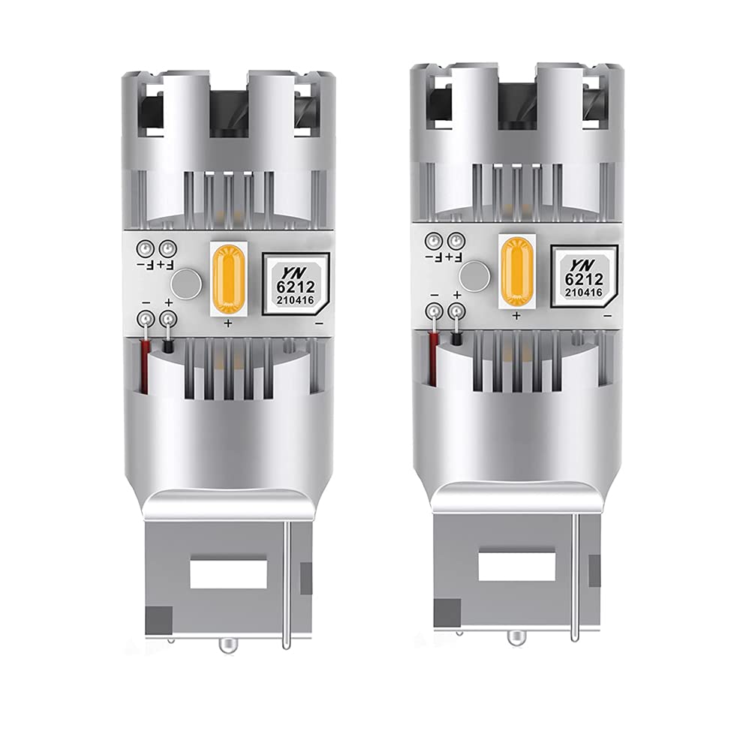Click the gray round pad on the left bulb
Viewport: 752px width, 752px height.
[185, 284]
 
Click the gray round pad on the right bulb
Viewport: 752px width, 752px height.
[474, 274]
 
